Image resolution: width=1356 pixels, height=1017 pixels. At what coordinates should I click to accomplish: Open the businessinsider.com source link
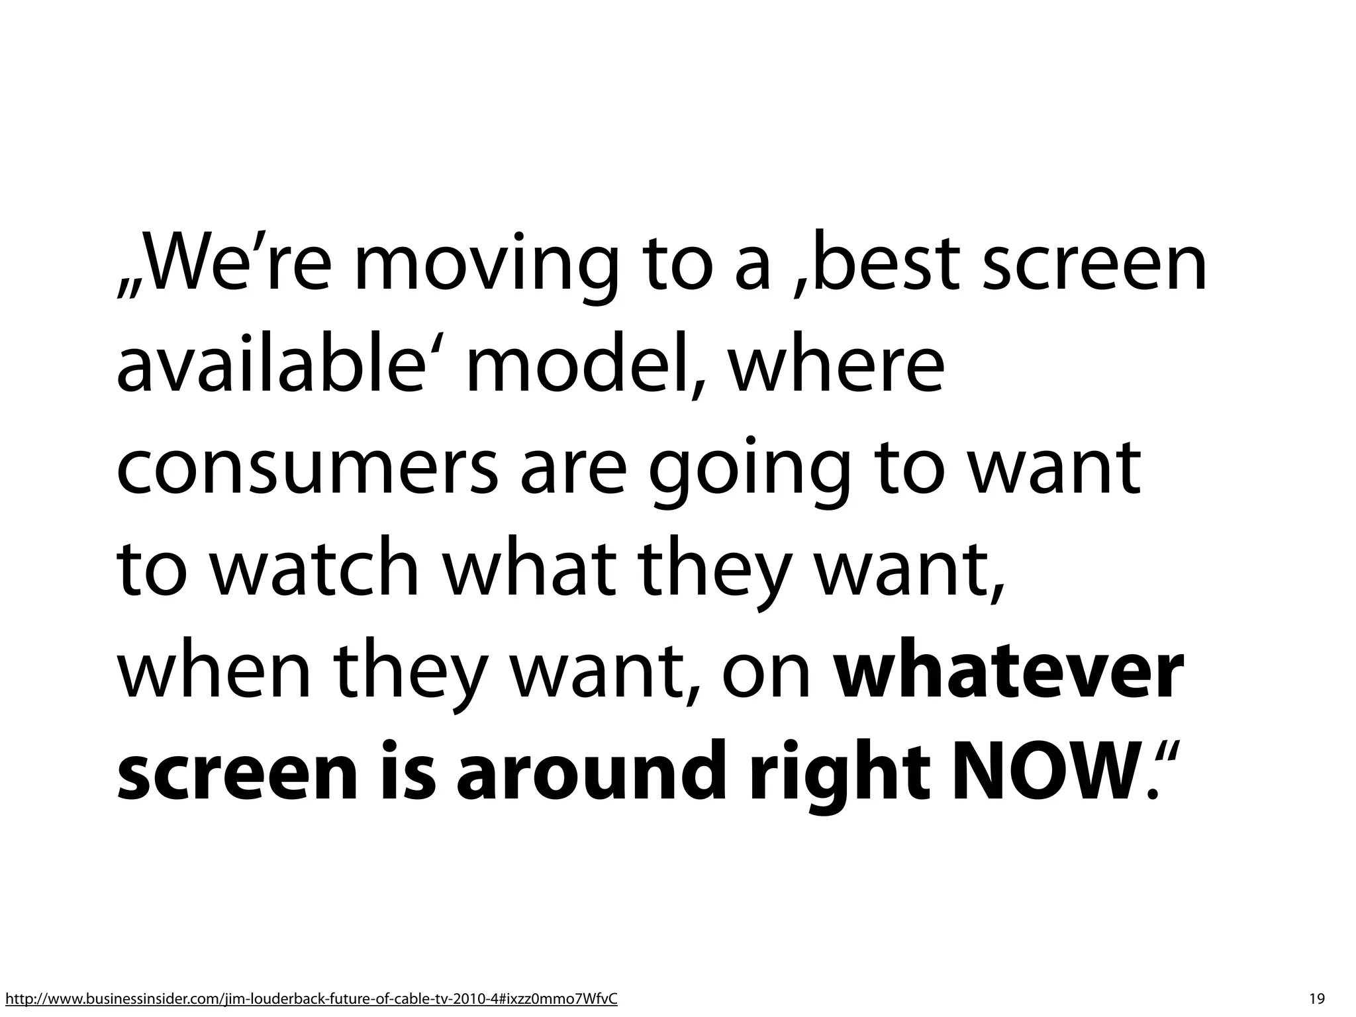[311, 999]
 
